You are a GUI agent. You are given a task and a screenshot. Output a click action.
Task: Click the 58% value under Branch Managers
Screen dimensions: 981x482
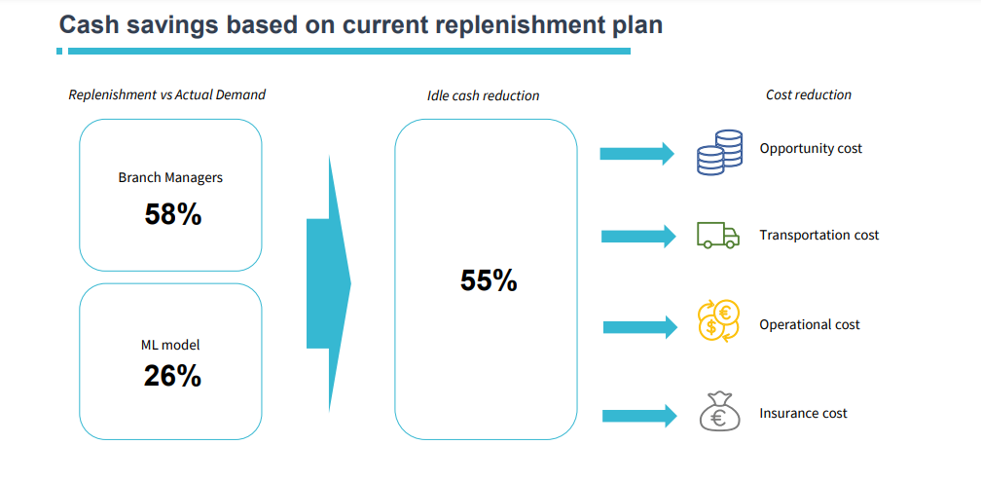click(172, 214)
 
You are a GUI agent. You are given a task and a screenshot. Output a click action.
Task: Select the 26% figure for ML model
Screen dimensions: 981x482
click(172, 376)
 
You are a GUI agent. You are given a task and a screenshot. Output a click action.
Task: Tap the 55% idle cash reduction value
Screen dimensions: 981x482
click(489, 280)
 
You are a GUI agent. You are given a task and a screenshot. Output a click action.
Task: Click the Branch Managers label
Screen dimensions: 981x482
click(170, 178)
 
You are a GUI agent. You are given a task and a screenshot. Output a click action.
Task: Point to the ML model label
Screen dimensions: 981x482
click(170, 345)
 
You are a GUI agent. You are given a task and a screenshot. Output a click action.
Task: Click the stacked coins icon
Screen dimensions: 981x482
click(719, 152)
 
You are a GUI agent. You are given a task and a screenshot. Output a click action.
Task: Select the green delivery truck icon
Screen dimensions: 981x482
click(718, 236)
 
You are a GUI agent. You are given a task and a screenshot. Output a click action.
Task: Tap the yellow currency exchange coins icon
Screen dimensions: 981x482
click(718, 320)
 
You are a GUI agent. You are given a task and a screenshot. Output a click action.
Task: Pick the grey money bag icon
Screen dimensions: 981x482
click(719, 411)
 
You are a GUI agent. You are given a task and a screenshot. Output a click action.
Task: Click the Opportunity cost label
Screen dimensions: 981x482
click(811, 149)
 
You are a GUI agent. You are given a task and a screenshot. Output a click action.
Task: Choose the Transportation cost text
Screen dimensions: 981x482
click(819, 236)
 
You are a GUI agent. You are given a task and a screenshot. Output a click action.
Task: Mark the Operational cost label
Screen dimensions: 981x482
click(810, 325)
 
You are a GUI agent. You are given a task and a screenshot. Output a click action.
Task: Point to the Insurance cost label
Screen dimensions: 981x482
click(803, 413)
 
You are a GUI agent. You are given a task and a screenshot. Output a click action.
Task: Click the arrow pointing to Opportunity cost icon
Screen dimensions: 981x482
click(636, 154)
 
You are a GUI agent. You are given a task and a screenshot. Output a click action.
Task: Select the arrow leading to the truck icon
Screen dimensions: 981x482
click(638, 236)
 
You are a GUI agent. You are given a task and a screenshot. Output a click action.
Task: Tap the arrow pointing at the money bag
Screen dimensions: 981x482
click(640, 416)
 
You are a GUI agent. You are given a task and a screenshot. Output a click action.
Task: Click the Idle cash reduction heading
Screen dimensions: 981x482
click(483, 95)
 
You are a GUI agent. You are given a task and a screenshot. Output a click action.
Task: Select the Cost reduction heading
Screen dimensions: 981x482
click(809, 95)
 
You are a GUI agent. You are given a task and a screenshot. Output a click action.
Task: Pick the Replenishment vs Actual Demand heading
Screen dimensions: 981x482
click(167, 95)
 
